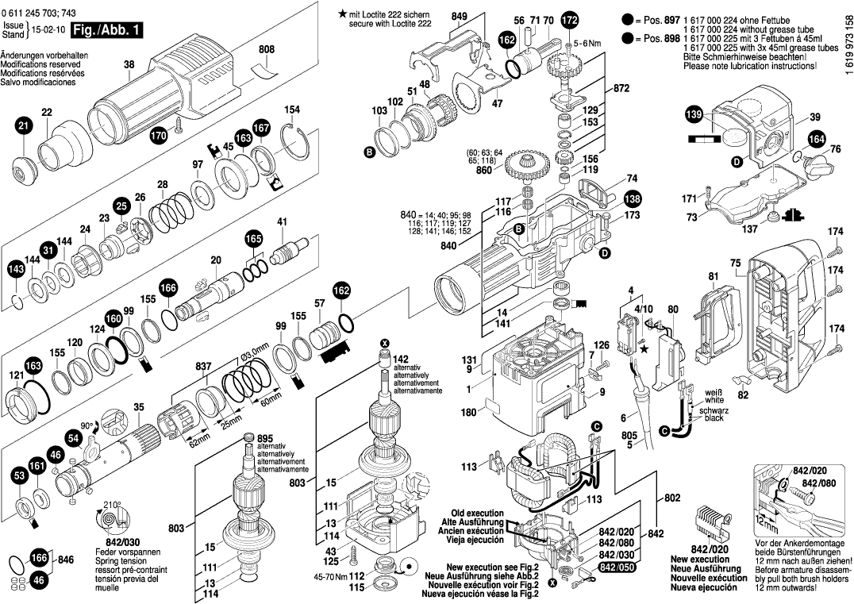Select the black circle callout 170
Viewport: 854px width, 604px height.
(160, 137)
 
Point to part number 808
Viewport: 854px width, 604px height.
(266, 49)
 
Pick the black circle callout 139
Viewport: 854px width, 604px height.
(694, 117)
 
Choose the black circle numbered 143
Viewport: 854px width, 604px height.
(16, 271)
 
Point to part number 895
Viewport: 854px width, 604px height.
(265, 438)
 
